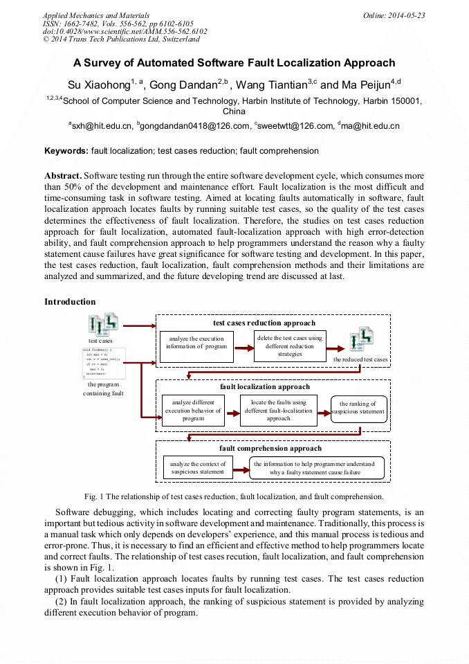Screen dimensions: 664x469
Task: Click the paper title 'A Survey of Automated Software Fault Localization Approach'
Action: [234, 63]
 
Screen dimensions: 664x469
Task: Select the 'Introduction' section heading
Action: [70, 302]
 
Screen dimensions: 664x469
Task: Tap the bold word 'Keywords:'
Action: [66, 151]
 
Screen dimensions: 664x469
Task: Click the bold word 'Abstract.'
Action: [63, 176]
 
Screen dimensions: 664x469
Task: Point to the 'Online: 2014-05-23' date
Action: [394, 15]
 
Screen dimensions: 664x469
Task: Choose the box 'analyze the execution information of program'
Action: [197, 343]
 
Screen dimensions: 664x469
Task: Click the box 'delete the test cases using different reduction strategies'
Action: [290, 346]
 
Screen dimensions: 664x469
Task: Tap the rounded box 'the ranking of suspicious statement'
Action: [358, 409]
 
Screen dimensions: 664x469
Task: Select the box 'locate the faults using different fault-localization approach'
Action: [278, 410]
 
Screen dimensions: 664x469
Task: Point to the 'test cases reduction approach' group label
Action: [264, 323]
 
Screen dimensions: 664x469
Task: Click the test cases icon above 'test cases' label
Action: [102, 324]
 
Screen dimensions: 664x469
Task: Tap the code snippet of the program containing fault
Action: [102, 363]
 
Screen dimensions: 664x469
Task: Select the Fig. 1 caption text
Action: [234, 496]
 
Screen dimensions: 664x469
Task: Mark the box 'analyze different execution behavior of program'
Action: [193, 410]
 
